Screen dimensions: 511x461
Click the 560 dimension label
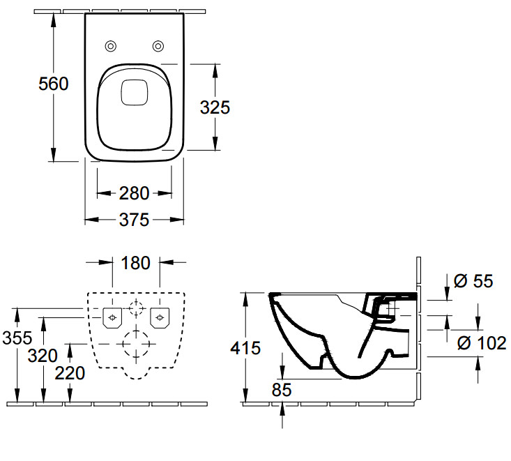(54, 84)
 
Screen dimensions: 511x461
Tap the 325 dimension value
(215, 107)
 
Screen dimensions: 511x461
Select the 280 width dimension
(135, 193)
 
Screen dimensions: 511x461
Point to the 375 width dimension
(135, 220)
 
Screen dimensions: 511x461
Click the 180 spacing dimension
(135, 263)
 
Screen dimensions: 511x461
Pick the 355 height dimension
(17, 338)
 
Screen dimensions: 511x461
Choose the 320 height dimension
(43, 356)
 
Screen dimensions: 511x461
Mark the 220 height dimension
(70, 373)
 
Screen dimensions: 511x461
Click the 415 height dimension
(245, 348)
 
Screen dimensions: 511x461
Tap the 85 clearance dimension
(282, 390)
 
